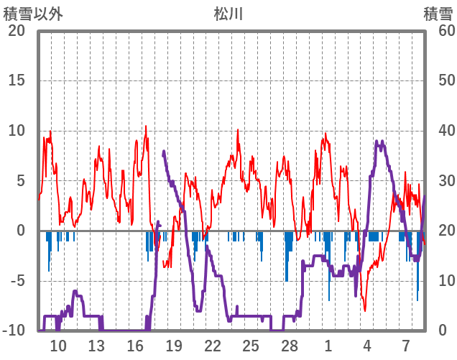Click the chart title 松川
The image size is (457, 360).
pyautogui.click(x=228, y=14)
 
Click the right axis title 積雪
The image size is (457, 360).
pyautogui.click(x=438, y=14)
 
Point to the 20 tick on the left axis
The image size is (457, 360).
pyautogui.click(x=17, y=31)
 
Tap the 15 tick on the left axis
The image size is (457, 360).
pyautogui.click(x=17, y=80)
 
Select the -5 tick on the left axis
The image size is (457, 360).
pyautogui.click(x=17, y=281)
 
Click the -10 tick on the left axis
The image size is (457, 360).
pyautogui.click(x=15, y=331)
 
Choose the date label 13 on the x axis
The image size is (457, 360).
pyautogui.click(x=96, y=345)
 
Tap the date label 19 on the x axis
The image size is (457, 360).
pyautogui.click(x=173, y=345)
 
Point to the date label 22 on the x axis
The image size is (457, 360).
pyautogui.click(x=212, y=345)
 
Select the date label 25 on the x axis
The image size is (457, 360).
pyautogui.click(x=251, y=345)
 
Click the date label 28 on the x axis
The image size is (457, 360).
pyautogui.click(x=290, y=345)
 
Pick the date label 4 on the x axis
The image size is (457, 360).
pyautogui.click(x=367, y=345)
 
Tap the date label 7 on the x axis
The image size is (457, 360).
pyautogui.click(x=406, y=345)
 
